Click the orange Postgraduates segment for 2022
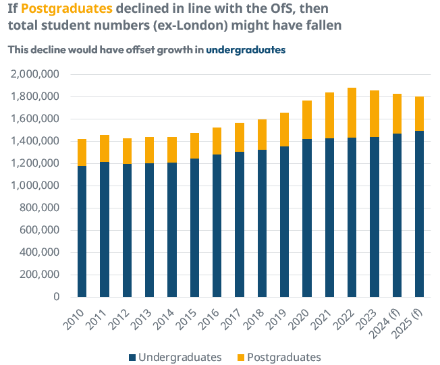pos(352,113)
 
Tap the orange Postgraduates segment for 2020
pos(307,119)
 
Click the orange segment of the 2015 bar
pos(194,146)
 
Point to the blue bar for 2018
pos(262,223)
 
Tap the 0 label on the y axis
pos(56,297)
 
